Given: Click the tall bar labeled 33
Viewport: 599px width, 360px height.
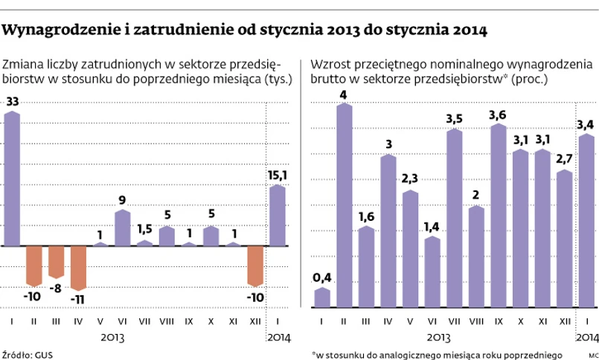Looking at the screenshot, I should click(x=12, y=179).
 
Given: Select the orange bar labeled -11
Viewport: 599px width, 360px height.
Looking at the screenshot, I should click(x=79, y=267).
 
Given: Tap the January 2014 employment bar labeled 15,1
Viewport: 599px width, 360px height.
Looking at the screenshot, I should click(x=277, y=215).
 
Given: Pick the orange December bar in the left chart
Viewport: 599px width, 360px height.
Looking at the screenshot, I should click(x=255, y=265).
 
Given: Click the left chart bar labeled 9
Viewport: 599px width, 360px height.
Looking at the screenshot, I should click(x=122, y=228).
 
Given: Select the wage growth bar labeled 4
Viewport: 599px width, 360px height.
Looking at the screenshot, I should click(x=344, y=205).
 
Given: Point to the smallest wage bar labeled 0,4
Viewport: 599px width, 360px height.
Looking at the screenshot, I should click(x=321, y=297).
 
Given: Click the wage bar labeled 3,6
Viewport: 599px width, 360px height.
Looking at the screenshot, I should click(x=498, y=215).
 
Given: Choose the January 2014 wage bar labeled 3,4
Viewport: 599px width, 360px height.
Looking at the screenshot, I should click(x=586, y=220).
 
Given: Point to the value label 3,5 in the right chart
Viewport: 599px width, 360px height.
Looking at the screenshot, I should click(x=454, y=118).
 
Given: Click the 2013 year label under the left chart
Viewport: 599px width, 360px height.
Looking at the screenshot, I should click(x=112, y=336).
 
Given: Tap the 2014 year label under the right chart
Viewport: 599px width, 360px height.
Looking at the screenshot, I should click(x=586, y=336).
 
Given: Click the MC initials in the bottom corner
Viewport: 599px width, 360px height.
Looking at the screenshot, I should click(x=592, y=354).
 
